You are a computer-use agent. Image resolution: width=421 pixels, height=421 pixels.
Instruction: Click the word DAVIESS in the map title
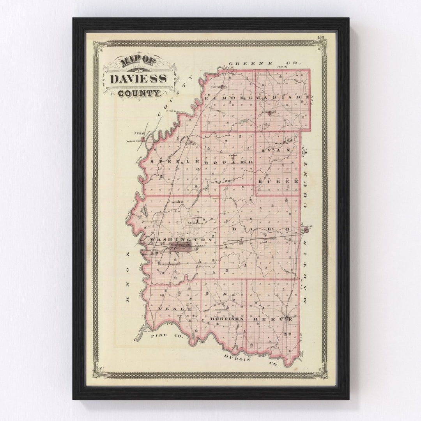138,78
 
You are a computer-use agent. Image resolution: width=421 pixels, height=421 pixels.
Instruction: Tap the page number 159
320,37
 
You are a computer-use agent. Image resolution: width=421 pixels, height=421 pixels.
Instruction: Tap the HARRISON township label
227,319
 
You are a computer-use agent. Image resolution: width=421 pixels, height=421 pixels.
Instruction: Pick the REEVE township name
273,319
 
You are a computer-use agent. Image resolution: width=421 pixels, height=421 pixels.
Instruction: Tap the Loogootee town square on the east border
306,230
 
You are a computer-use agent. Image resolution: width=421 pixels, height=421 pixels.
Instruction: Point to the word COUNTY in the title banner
139,93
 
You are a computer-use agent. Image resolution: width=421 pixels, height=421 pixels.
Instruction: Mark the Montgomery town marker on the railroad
241,242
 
